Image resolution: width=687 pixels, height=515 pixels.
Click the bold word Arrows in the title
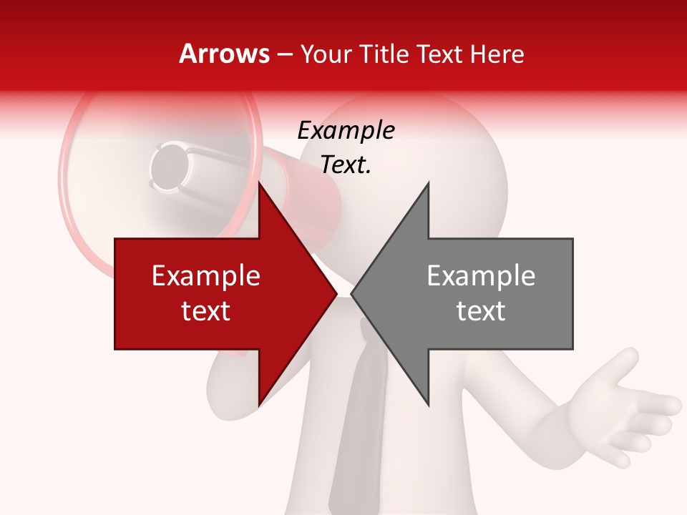[225, 54]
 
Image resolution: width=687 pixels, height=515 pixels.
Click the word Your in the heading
[326, 54]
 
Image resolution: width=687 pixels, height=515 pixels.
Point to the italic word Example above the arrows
[346, 130]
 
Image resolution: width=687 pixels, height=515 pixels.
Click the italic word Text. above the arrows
[346, 165]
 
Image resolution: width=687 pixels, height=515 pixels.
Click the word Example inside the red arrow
[206, 276]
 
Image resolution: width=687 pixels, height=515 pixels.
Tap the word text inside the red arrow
[206, 310]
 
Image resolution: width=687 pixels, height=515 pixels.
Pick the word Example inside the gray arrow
[481, 276]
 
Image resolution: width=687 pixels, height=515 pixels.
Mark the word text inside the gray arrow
[481, 310]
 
